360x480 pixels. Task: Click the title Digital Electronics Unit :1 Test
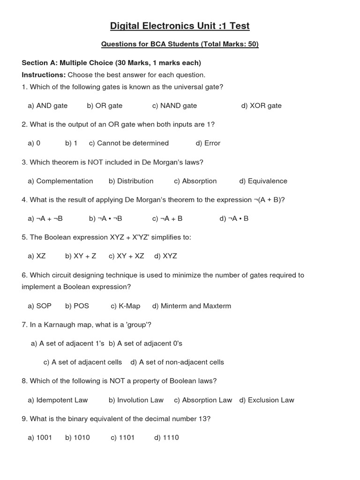(x=180, y=26)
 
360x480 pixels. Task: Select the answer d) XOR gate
(x=262, y=105)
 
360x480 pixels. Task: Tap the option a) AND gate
(x=48, y=105)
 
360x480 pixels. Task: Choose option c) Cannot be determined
(x=129, y=143)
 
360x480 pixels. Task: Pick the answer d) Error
(x=208, y=143)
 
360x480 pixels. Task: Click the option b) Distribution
(x=131, y=181)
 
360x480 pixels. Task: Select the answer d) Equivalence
(x=263, y=181)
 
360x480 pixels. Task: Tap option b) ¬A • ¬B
(x=105, y=218)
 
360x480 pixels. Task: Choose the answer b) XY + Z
(x=81, y=256)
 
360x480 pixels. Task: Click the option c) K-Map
(x=126, y=306)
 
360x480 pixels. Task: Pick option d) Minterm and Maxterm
(x=192, y=306)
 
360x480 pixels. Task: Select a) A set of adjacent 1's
(x=68, y=343)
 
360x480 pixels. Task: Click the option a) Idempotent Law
(x=58, y=400)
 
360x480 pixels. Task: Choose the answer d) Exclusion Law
(x=267, y=400)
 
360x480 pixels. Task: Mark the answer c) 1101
(x=123, y=437)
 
